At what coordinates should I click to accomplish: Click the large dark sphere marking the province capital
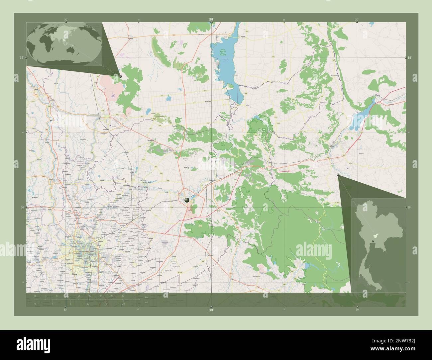tap(187, 200)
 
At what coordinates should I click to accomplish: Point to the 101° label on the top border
tap(211, 20)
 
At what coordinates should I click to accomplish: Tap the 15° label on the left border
tap(22, 58)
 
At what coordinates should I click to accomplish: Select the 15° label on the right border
tap(410, 58)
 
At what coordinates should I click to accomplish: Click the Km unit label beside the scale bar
tap(147, 297)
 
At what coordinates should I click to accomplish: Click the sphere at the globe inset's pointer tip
tap(120, 76)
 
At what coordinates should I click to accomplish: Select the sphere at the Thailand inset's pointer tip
tap(338, 175)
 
